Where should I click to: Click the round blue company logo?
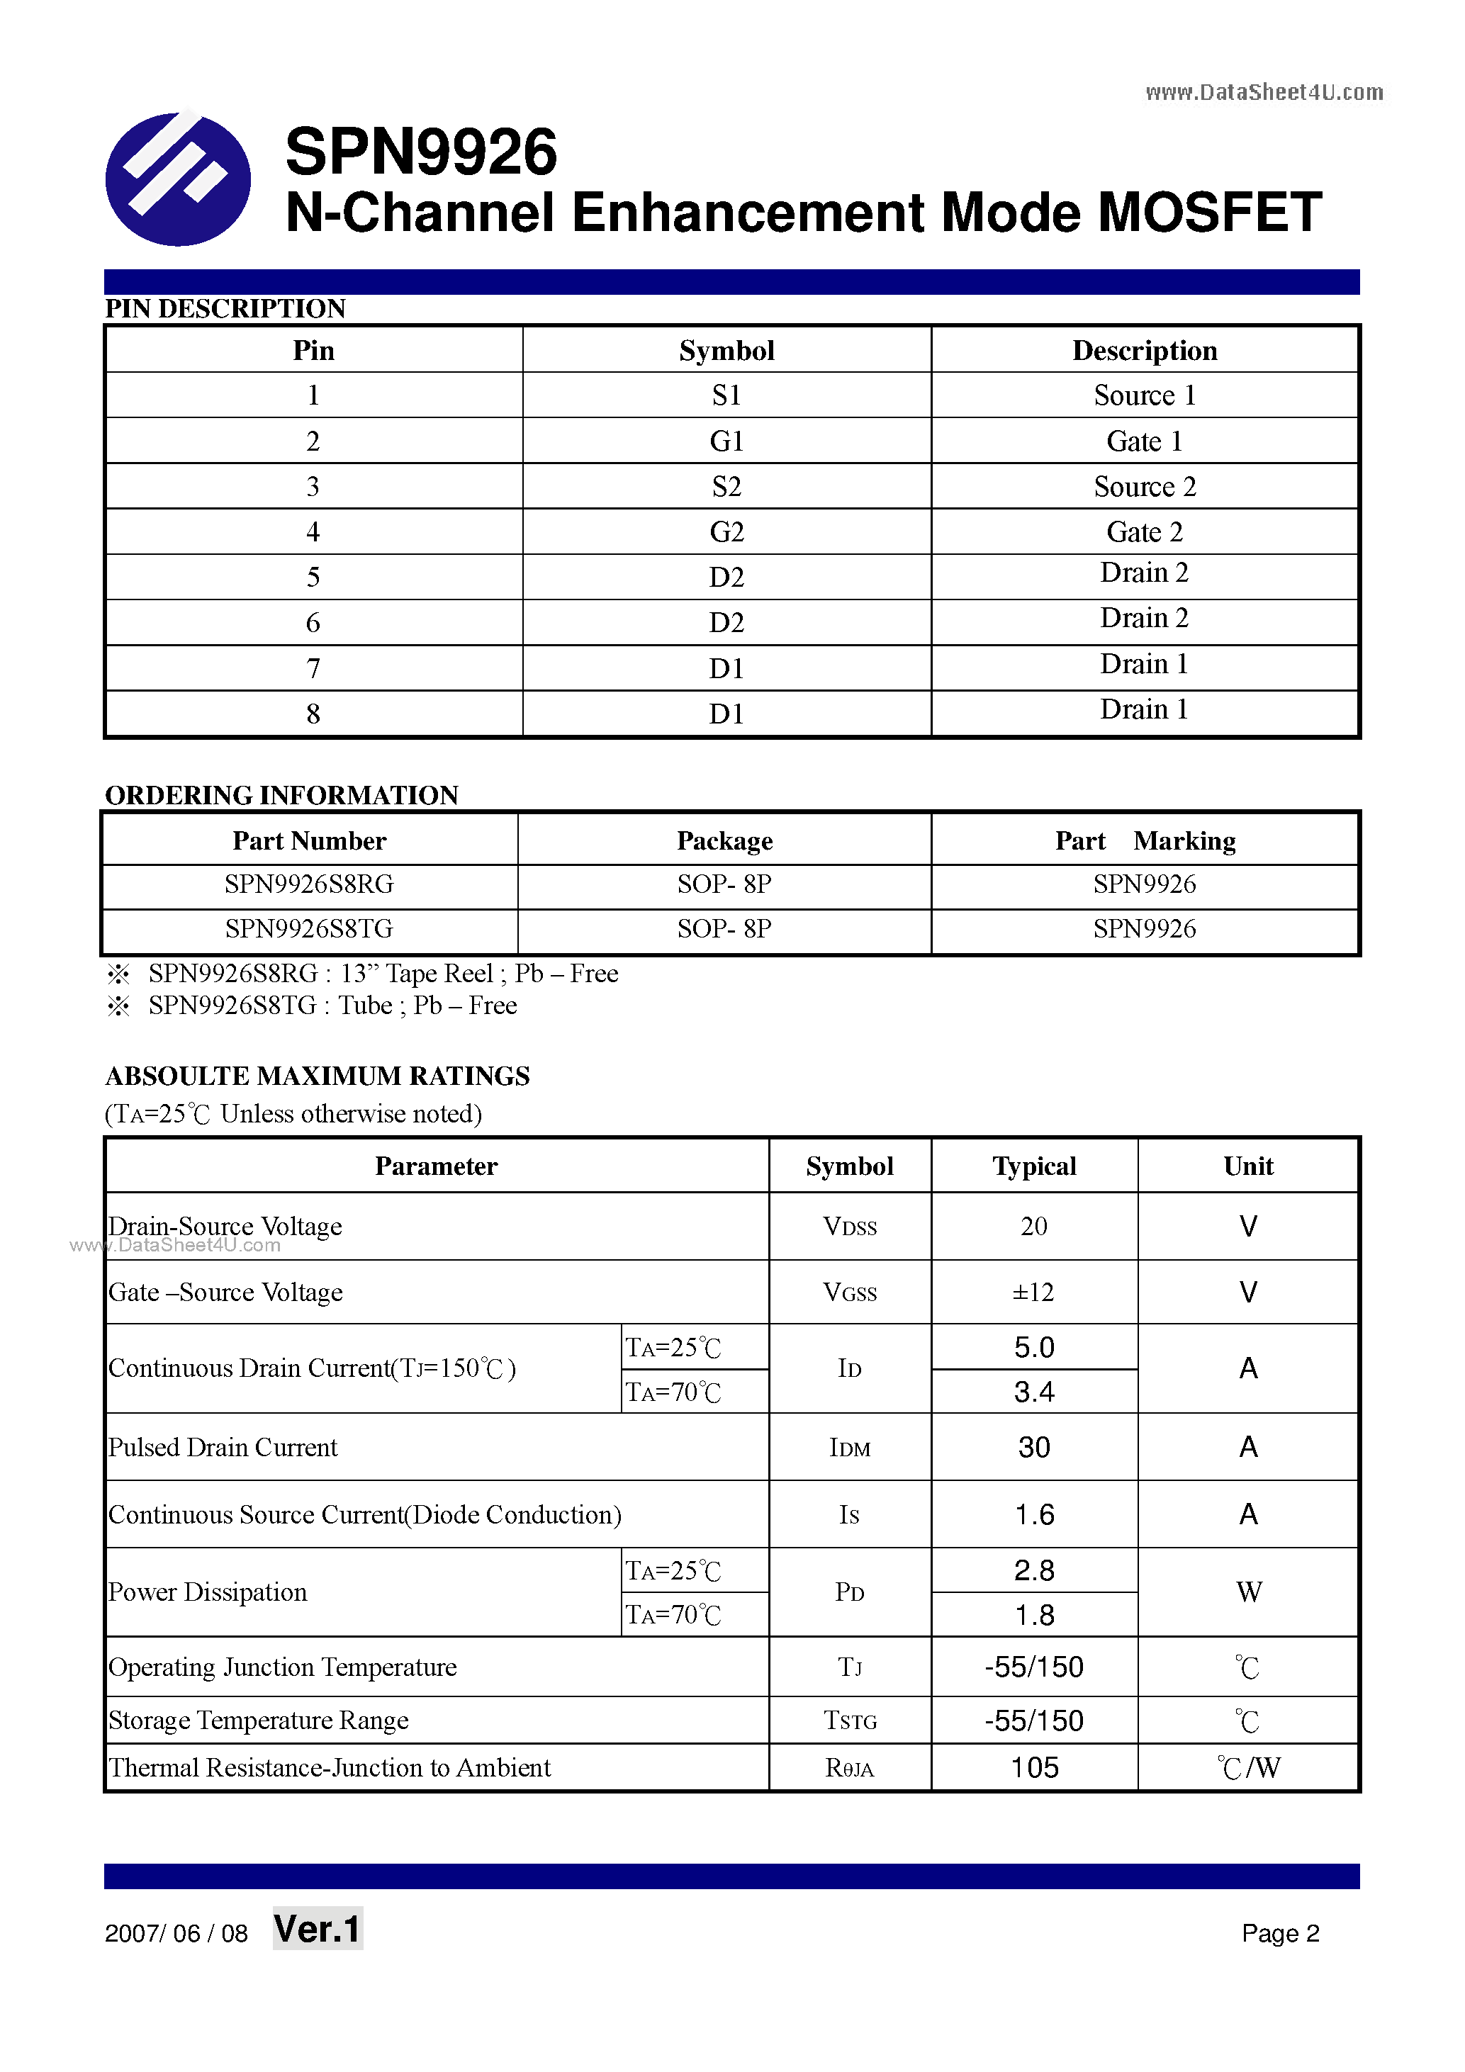click(x=178, y=179)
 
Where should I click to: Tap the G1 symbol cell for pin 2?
click(x=726, y=441)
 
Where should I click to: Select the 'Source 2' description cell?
click(x=1144, y=486)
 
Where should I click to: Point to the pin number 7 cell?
click(x=313, y=669)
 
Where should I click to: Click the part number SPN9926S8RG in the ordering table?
click(x=309, y=884)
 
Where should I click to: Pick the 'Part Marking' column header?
click(x=1145, y=841)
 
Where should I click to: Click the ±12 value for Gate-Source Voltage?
click(x=1033, y=1293)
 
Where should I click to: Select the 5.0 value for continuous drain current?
click(x=1033, y=1347)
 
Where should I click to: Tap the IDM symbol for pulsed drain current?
click(x=849, y=1448)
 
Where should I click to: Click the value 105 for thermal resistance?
click(x=1033, y=1768)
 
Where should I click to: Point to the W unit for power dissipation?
click(x=1247, y=1592)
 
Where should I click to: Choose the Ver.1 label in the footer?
click(x=318, y=1929)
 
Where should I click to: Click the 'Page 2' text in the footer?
click(x=1279, y=1933)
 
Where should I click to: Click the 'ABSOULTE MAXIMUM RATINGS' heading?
click(x=317, y=1076)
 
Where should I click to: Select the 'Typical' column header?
click(x=1033, y=1166)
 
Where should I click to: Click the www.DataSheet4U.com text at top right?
click(x=1263, y=92)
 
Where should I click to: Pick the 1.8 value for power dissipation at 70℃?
click(x=1033, y=1616)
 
